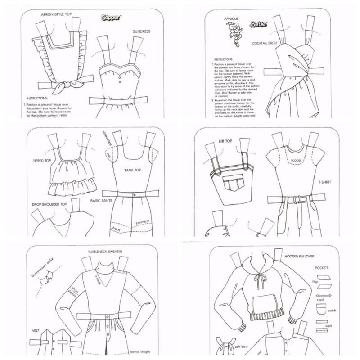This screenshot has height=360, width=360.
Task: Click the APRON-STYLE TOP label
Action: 56,14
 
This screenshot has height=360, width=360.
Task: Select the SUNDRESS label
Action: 141,32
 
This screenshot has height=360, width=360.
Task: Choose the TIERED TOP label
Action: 43,161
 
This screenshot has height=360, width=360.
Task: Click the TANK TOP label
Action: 133,171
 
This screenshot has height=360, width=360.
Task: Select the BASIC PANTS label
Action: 102,200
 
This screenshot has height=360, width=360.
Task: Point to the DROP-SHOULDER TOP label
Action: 49,204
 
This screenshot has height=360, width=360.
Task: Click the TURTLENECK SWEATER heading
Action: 105,252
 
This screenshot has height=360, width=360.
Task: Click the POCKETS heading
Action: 322,267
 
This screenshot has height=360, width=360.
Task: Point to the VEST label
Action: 36,330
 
